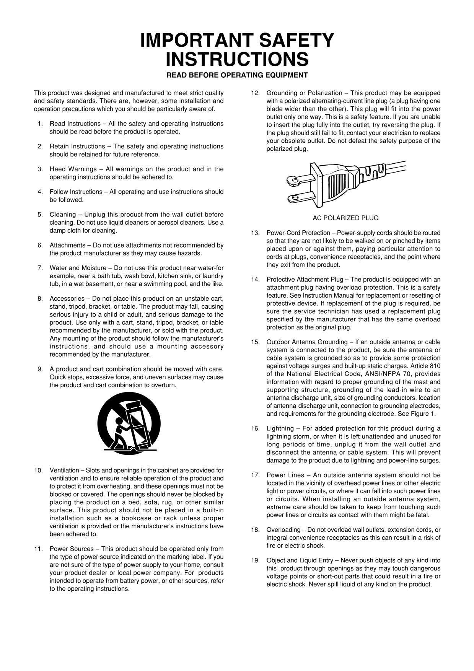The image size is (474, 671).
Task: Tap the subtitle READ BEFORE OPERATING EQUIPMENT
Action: click(237, 75)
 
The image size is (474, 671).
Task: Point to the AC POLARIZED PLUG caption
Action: click(345, 218)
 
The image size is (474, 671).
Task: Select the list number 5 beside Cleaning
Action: click(40, 215)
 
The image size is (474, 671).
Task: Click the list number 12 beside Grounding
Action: click(256, 93)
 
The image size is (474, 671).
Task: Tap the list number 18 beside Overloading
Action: click(256, 530)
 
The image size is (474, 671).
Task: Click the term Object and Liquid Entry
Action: click(300, 560)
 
